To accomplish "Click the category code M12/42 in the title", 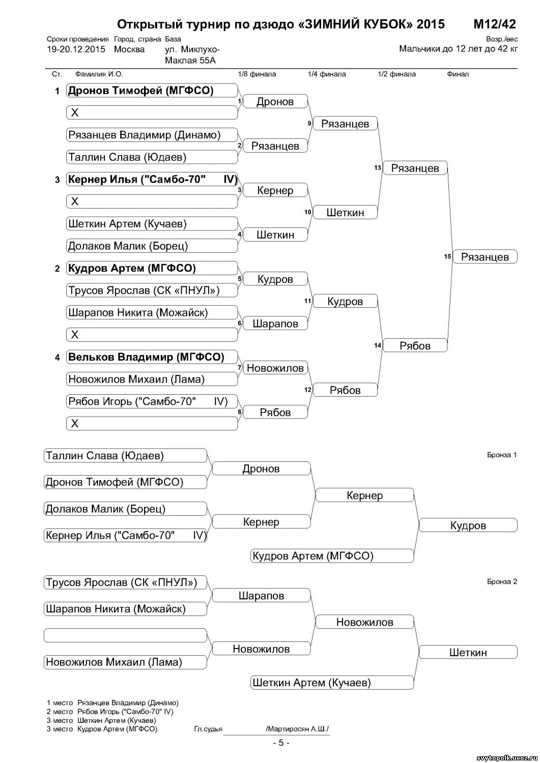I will (x=494, y=24).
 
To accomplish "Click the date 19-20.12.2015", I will (x=76, y=49).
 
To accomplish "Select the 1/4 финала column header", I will (x=327, y=74).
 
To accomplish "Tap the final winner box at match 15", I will (x=485, y=257).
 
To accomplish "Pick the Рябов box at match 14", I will (x=415, y=346).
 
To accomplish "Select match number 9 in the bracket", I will (x=309, y=123).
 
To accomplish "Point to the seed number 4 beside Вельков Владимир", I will (x=58, y=358).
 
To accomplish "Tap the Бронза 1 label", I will (x=501, y=455).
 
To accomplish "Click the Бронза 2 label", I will (x=501, y=581).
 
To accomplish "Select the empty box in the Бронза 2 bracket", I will (x=125, y=635).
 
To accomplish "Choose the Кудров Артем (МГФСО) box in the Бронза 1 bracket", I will (x=331, y=556).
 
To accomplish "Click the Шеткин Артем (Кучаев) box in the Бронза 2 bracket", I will (x=331, y=683).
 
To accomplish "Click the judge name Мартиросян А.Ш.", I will (x=297, y=729).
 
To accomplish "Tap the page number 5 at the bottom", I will (x=281, y=743).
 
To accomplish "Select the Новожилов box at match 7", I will (x=275, y=368).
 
